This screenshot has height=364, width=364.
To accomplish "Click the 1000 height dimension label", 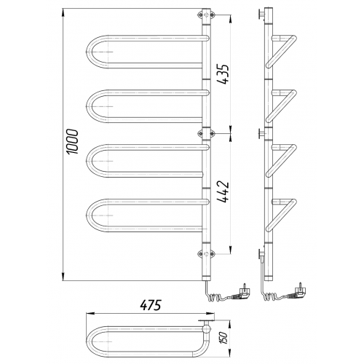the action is coord(73,142).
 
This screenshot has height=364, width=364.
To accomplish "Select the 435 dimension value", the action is coord(223,74).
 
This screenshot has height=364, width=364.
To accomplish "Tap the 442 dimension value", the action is coord(223,191).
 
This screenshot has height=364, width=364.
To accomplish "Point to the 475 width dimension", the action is coord(151,305).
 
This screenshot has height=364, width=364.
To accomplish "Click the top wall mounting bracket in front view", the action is coord(206,15).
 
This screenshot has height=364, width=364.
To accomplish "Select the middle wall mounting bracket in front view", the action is coord(206,133).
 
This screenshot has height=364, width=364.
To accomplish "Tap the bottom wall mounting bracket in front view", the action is coord(206,254).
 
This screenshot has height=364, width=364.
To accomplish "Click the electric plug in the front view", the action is coord(242,292).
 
